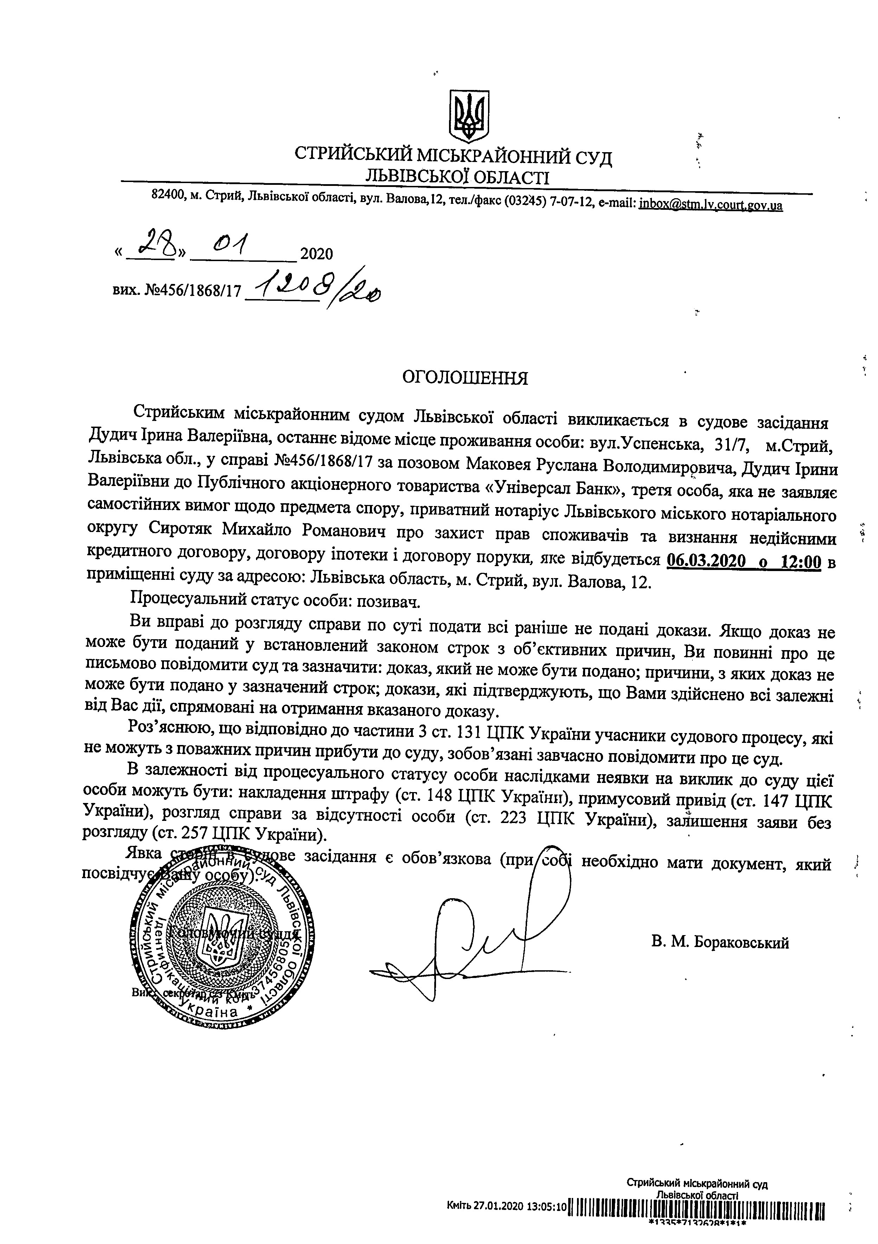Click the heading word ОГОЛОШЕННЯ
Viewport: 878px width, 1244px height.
(x=465, y=378)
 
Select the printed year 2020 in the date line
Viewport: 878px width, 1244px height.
(x=316, y=254)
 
